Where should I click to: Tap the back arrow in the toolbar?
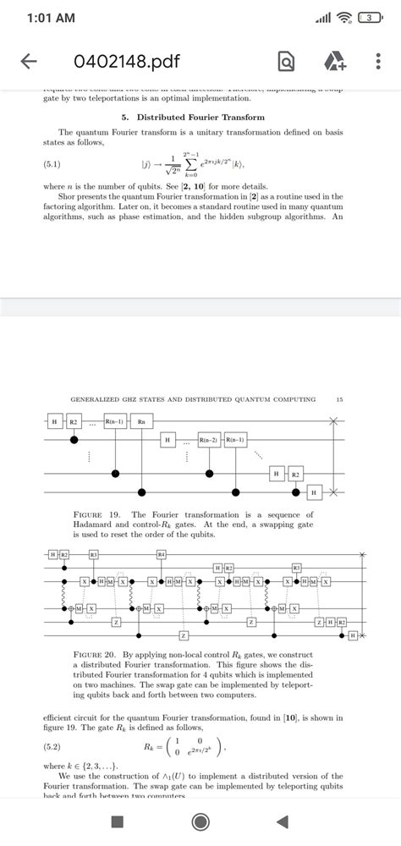[x=29, y=62]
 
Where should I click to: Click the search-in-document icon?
[x=286, y=62]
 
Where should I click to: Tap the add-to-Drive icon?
[x=331, y=62]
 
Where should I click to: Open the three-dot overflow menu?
[x=377, y=62]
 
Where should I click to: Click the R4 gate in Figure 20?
[x=162, y=554]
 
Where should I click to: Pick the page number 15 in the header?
[x=339, y=398]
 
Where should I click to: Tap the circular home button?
[x=200, y=821]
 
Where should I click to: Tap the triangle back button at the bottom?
[x=282, y=821]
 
